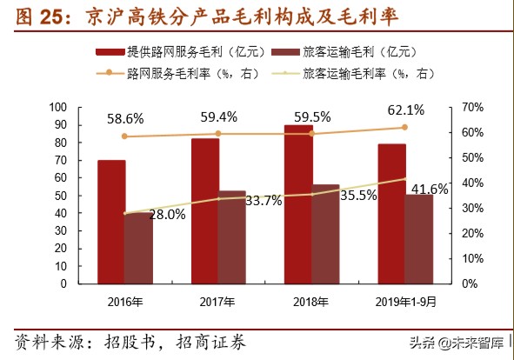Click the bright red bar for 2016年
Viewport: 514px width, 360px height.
(x=110, y=222)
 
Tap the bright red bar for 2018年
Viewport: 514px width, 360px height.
(x=298, y=204)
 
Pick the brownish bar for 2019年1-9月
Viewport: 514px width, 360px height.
(x=418, y=239)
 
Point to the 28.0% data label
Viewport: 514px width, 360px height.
(x=165, y=214)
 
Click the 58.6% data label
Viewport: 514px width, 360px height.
(x=125, y=117)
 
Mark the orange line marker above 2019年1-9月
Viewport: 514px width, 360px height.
(x=404, y=127)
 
